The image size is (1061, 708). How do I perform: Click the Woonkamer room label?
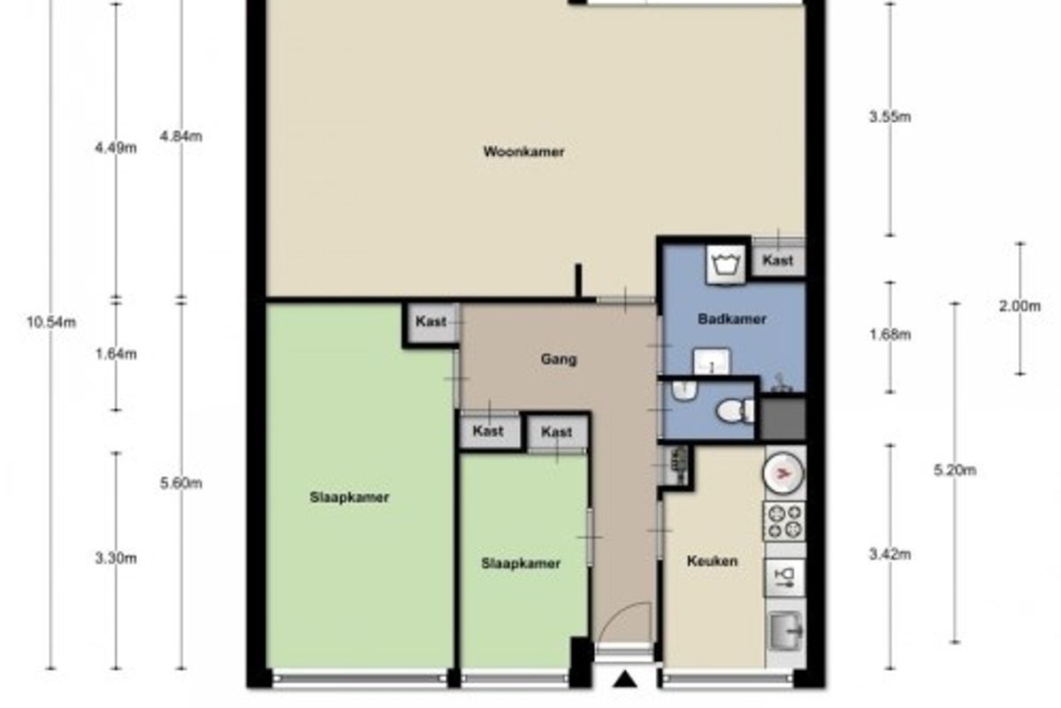click(523, 151)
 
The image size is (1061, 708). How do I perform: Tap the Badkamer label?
click(732, 319)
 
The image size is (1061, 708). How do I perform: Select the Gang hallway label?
click(559, 359)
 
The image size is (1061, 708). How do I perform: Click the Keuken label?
click(712, 561)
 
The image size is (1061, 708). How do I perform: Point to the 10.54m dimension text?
click(51, 322)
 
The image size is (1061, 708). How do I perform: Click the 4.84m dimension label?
click(181, 136)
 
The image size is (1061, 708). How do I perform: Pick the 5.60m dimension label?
click(181, 483)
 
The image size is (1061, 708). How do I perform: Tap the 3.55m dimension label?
click(890, 117)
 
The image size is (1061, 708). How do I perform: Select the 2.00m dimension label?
click(1019, 306)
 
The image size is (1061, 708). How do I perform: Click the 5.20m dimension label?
click(955, 471)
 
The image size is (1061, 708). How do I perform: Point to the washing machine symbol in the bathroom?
click(725, 264)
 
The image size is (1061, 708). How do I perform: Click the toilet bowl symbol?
click(735, 411)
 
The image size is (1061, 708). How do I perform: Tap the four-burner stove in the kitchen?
click(784, 521)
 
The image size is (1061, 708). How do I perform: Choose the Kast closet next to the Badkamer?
click(778, 260)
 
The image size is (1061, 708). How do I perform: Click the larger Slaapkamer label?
click(349, 497)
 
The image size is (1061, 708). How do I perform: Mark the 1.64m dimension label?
click(116, 354)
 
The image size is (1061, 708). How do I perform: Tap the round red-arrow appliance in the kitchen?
click(783, 473)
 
